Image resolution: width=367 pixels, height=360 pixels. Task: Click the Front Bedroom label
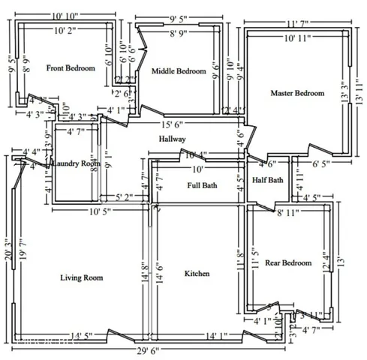(x=71, y=68)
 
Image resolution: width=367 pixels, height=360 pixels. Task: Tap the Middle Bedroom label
(x=179, y=71)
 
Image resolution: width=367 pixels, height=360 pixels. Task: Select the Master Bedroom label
(x=298, y=93)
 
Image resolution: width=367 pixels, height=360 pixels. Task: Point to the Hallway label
(x=172, y=139)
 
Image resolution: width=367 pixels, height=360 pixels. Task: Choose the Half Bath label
(x=268, y=179)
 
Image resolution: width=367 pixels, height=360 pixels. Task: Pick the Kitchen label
(x=197, y=274)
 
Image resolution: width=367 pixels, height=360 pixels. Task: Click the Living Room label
(x=81, y=277)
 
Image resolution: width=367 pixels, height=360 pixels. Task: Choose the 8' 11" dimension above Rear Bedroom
(x=290, y=214)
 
